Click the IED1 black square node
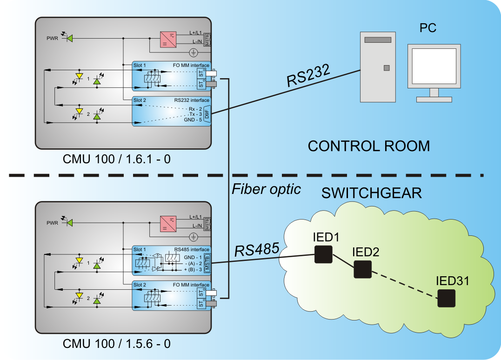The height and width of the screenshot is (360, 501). click(323, 254)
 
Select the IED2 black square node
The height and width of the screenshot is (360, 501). click(363, 269)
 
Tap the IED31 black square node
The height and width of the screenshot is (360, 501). click(447, 298)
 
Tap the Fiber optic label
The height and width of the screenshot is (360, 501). click(267, 189)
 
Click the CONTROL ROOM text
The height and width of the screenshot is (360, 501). click(369, 146)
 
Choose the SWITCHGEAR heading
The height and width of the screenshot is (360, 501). click(372, 193)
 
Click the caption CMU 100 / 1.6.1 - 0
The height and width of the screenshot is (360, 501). click(116, 160)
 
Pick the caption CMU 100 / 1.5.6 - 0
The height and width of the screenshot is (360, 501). click(116, 344)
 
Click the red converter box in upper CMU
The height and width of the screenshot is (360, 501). click(168, 40)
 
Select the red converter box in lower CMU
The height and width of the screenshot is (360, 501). click(168, 224)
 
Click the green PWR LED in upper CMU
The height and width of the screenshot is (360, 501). click(70, 39)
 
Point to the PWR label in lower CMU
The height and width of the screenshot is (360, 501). click(52, 223)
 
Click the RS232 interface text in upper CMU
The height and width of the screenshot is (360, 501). click(192, 100)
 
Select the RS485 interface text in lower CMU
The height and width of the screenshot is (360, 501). click(192, 249)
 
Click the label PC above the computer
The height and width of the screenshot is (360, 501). click(428, 28)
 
